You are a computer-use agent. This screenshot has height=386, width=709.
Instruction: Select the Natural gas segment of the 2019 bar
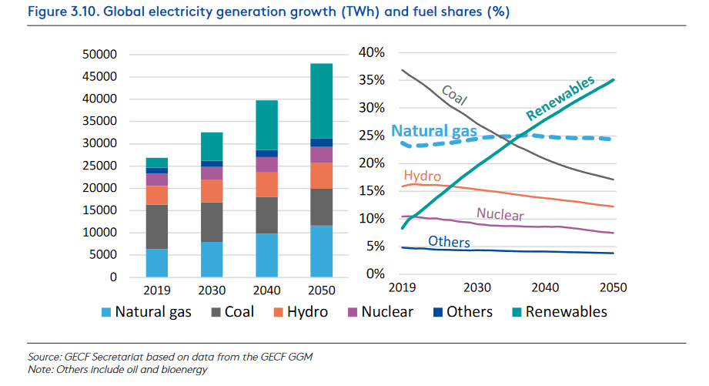pos(157,263)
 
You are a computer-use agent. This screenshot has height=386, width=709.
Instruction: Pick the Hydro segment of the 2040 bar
pos(267,184)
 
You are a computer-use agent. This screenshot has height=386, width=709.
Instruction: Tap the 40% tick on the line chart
pos(371,52)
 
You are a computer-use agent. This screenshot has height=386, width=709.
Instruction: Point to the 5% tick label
pos(375,247)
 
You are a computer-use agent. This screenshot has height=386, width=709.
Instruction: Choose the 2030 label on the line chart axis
pos(477,287)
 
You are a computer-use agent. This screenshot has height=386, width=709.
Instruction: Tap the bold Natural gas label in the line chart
pos(435,132)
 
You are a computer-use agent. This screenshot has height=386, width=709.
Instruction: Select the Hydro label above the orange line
pos(422,176)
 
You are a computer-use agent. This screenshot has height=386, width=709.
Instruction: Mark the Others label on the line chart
pos(449,242)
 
